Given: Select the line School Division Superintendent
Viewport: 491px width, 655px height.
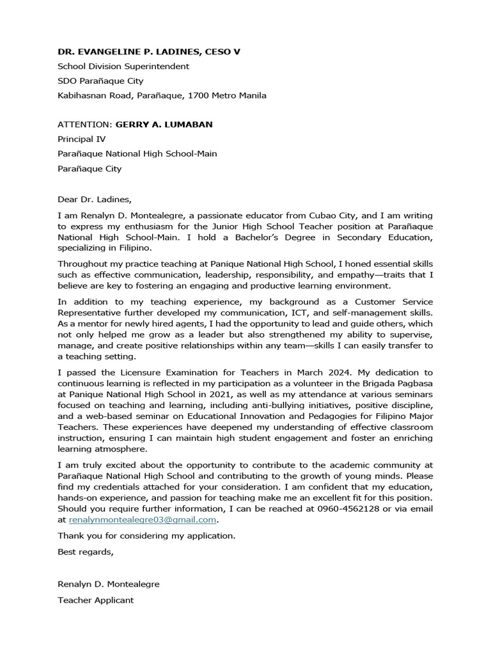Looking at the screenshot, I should click(123, 66).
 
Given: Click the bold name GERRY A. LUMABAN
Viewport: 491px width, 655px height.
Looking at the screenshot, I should click(164, 124).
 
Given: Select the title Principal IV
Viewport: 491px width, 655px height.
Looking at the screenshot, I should click(82, 139).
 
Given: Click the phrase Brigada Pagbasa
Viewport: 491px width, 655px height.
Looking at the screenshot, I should click(398, 383).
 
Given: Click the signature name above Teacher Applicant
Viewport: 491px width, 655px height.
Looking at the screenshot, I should click(109, 584).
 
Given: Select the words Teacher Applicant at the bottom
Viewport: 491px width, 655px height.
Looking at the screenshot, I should click(96, 600).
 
